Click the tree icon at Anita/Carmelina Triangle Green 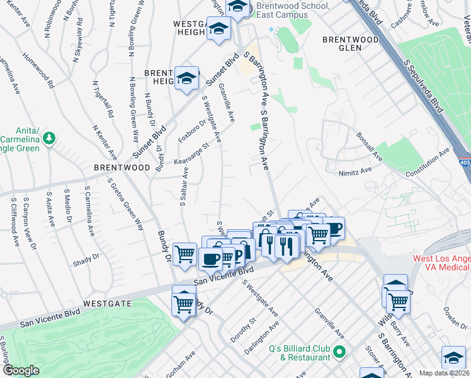pyautogui.click(x=49, y=137)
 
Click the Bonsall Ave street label pyautogui.click(x=369, y=146)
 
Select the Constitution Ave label pyautogui.click(x=428, y=163)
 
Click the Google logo pyautogui.click(x=21, y=370)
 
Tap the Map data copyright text pyautogui.click(x=445, y=373)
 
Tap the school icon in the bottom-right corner pyautogui.click(x=453, y=358)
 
